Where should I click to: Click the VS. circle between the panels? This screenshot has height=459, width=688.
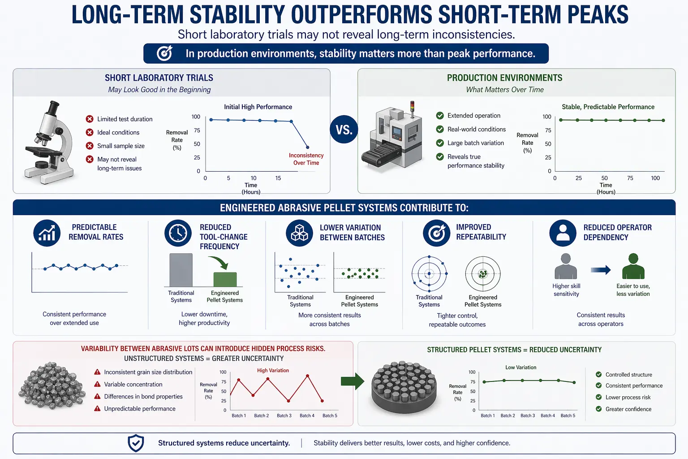click(344, 130)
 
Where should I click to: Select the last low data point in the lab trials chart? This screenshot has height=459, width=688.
click(307, 147)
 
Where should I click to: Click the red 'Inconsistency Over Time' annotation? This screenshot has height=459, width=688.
click(306, 159)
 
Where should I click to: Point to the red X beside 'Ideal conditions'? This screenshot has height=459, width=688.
click(90, 133)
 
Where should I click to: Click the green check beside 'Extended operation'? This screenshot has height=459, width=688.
click(440, 116)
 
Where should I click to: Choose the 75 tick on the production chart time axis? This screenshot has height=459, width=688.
click(630, 178)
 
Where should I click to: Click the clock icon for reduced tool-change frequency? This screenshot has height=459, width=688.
click(178, 233)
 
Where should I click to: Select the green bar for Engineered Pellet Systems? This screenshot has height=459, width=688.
click(225, 279)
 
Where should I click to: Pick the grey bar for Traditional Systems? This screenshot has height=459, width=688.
click(181, 270)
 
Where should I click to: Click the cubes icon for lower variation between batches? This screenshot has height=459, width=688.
click(300, 233)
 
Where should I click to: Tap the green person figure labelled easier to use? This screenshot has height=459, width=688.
click(633, 266)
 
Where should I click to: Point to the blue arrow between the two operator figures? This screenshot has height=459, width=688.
click(601, 270)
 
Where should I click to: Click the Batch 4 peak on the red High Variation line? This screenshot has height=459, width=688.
click(307, 376)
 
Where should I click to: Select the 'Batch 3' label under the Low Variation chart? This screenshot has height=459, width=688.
click(528, 416)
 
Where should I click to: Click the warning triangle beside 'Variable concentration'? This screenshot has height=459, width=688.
click(97, 384)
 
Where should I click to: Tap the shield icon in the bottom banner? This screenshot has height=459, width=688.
click(136, 443)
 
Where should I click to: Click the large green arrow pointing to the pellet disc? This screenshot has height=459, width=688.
click(353, 381)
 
